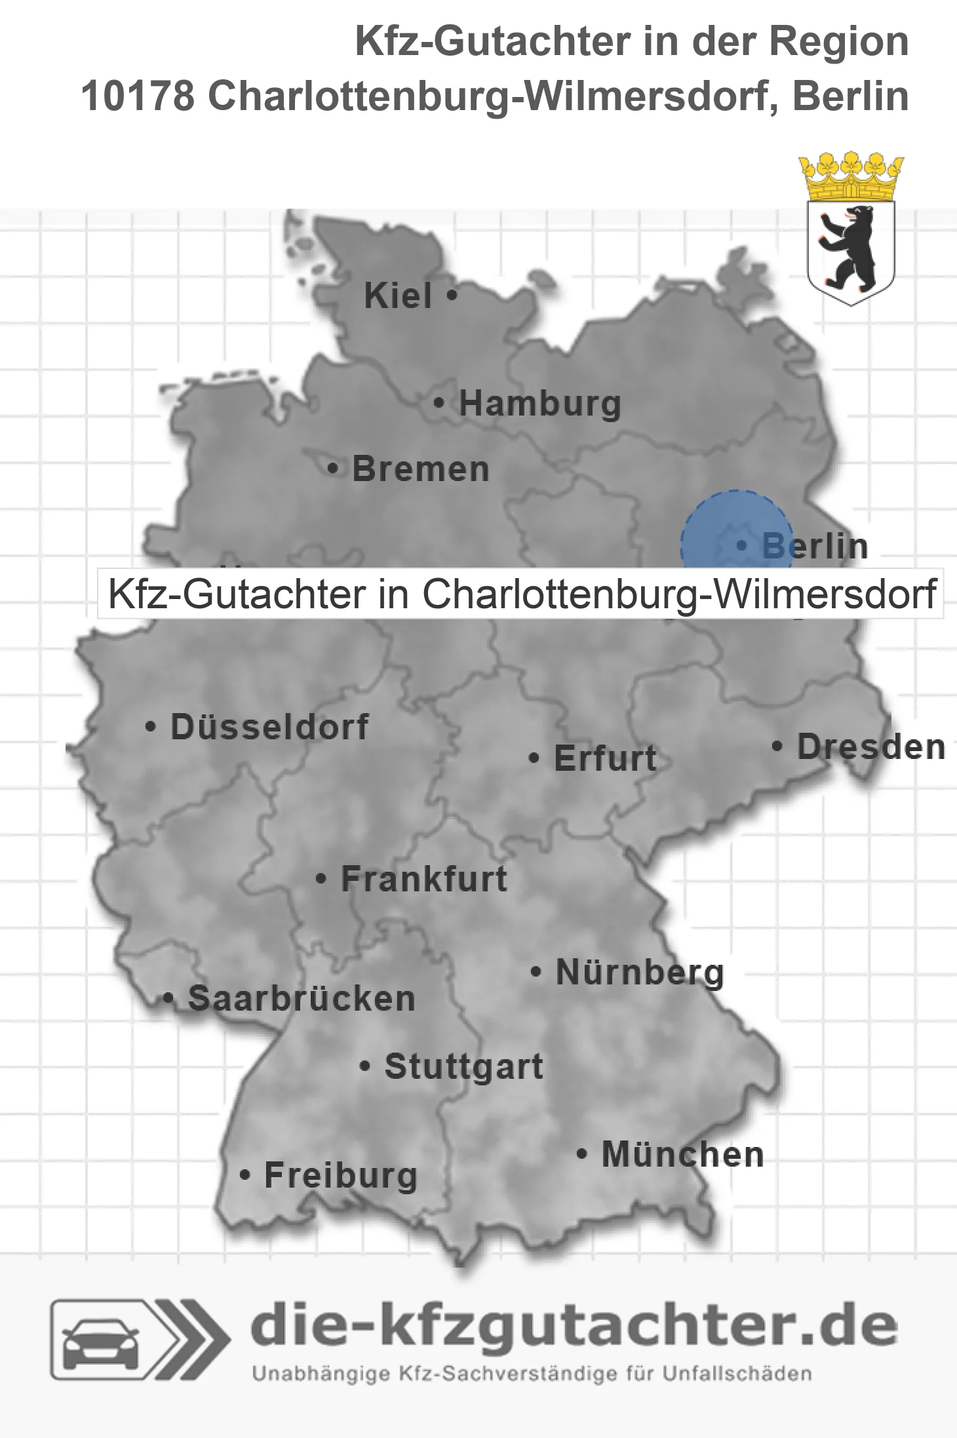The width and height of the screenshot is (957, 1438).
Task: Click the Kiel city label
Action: tap(398, 296)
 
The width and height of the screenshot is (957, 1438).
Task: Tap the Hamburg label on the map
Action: tap(539, 403)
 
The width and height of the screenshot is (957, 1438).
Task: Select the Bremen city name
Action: tap(421, 469)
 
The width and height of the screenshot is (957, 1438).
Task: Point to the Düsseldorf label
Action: tap(269, 727)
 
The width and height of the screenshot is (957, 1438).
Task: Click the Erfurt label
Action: tap(605, 758)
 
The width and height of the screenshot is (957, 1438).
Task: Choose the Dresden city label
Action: tap(871, 747)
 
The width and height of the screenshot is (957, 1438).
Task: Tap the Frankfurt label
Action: tap(424, 879)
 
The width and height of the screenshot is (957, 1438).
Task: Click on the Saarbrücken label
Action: tap(302, 999)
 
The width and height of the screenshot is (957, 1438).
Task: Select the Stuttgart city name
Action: tap(463, 1066)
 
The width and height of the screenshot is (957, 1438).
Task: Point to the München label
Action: tap(683, 1154)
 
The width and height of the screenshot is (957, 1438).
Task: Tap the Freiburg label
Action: tap(341, 1176)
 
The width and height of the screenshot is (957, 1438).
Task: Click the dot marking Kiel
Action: tap(452, 296)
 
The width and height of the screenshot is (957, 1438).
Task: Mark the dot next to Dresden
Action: tap(777, 746)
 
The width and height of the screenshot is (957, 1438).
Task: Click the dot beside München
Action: tap(581, 1154)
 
